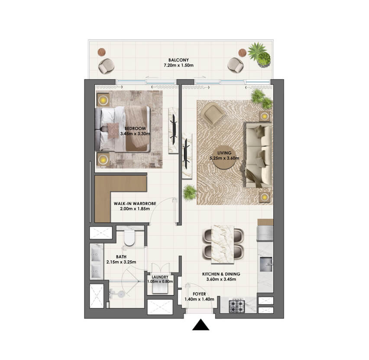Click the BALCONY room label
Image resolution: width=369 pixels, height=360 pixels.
click(178, 60)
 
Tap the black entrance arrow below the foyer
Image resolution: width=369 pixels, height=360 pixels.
click(201, 324)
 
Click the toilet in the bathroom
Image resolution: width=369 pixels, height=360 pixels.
click(129, 237)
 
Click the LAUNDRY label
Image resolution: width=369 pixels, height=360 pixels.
click(160, 277)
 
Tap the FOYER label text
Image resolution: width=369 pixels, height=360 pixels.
click(199, 294)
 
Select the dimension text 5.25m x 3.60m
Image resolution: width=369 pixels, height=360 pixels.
click(224, 158)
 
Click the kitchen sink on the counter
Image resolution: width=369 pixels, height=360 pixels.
click(265, 264)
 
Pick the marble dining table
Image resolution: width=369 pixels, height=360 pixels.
click(223, 244)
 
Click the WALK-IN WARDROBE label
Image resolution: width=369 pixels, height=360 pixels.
click(135, 204)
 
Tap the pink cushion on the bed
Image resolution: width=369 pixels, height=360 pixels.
click(113, 130)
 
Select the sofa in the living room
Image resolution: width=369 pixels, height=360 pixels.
click(259, 155)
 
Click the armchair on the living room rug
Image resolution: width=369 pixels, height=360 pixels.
click(214, 114)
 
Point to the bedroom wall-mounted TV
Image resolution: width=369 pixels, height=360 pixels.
click(174, 130)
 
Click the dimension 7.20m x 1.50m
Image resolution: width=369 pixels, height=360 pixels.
click(178, 65)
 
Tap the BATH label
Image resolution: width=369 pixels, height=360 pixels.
click(121, 256)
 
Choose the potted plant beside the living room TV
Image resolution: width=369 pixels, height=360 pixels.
click(190, 192)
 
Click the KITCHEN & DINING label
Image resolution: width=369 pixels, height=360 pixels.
click(221, 274)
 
